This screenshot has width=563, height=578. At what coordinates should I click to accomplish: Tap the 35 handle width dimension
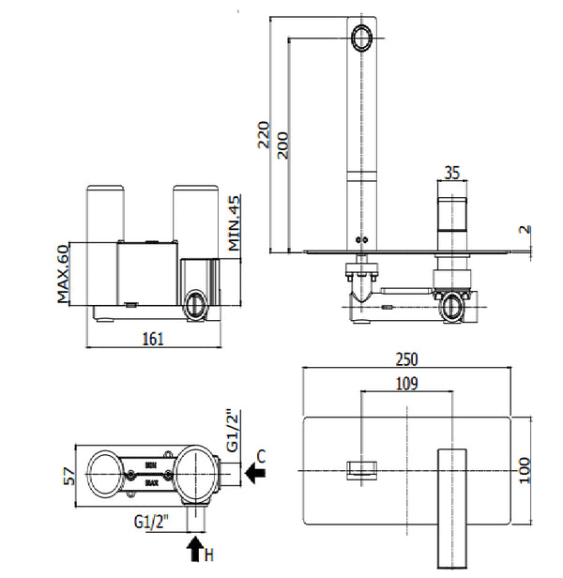451,173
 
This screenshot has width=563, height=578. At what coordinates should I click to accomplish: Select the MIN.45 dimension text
235,222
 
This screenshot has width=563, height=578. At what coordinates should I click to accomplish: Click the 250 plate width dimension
406,358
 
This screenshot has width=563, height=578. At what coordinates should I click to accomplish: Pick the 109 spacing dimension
406,383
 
